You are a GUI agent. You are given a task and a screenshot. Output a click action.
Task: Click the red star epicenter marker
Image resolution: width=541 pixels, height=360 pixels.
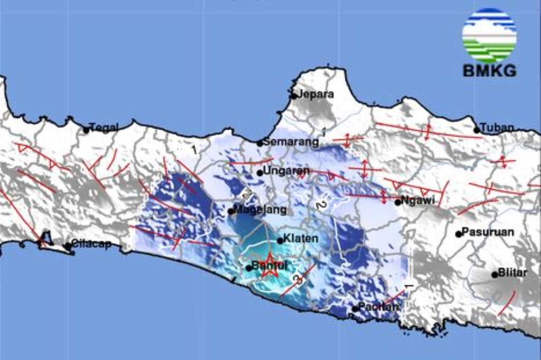(269, 266)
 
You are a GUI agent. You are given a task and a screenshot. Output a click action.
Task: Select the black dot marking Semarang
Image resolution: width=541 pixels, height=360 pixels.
(259, 143)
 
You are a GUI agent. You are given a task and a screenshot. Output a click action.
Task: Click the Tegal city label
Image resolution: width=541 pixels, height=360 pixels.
(104, 127)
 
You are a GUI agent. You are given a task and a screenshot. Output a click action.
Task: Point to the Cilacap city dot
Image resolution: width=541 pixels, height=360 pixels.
(68, 246)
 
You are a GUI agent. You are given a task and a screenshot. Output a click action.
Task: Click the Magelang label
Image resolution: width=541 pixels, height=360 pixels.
(260, 210)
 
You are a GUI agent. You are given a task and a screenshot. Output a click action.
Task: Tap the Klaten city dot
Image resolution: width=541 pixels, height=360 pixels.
(280, 241)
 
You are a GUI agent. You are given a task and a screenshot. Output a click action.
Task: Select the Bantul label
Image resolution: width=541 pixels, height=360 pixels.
(269, 266)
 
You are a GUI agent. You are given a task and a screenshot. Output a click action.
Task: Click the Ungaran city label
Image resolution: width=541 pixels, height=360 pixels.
(286, 171)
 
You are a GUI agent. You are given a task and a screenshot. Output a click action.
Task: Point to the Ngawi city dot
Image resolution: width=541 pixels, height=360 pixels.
(397, 201)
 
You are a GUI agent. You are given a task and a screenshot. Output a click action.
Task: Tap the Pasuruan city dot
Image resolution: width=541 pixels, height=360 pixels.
(458, 234)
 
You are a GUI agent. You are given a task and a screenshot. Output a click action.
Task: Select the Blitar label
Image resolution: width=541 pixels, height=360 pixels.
(512, 273)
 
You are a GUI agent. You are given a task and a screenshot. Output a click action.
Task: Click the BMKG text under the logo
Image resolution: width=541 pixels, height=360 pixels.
(489, 71)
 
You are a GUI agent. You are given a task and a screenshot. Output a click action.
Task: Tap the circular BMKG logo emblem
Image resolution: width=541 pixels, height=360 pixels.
(489, 35)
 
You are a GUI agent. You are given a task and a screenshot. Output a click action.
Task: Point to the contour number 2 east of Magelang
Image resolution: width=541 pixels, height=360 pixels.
(319, 205)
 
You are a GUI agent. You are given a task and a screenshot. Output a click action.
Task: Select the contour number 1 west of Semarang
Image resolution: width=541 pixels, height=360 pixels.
(194, 150)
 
